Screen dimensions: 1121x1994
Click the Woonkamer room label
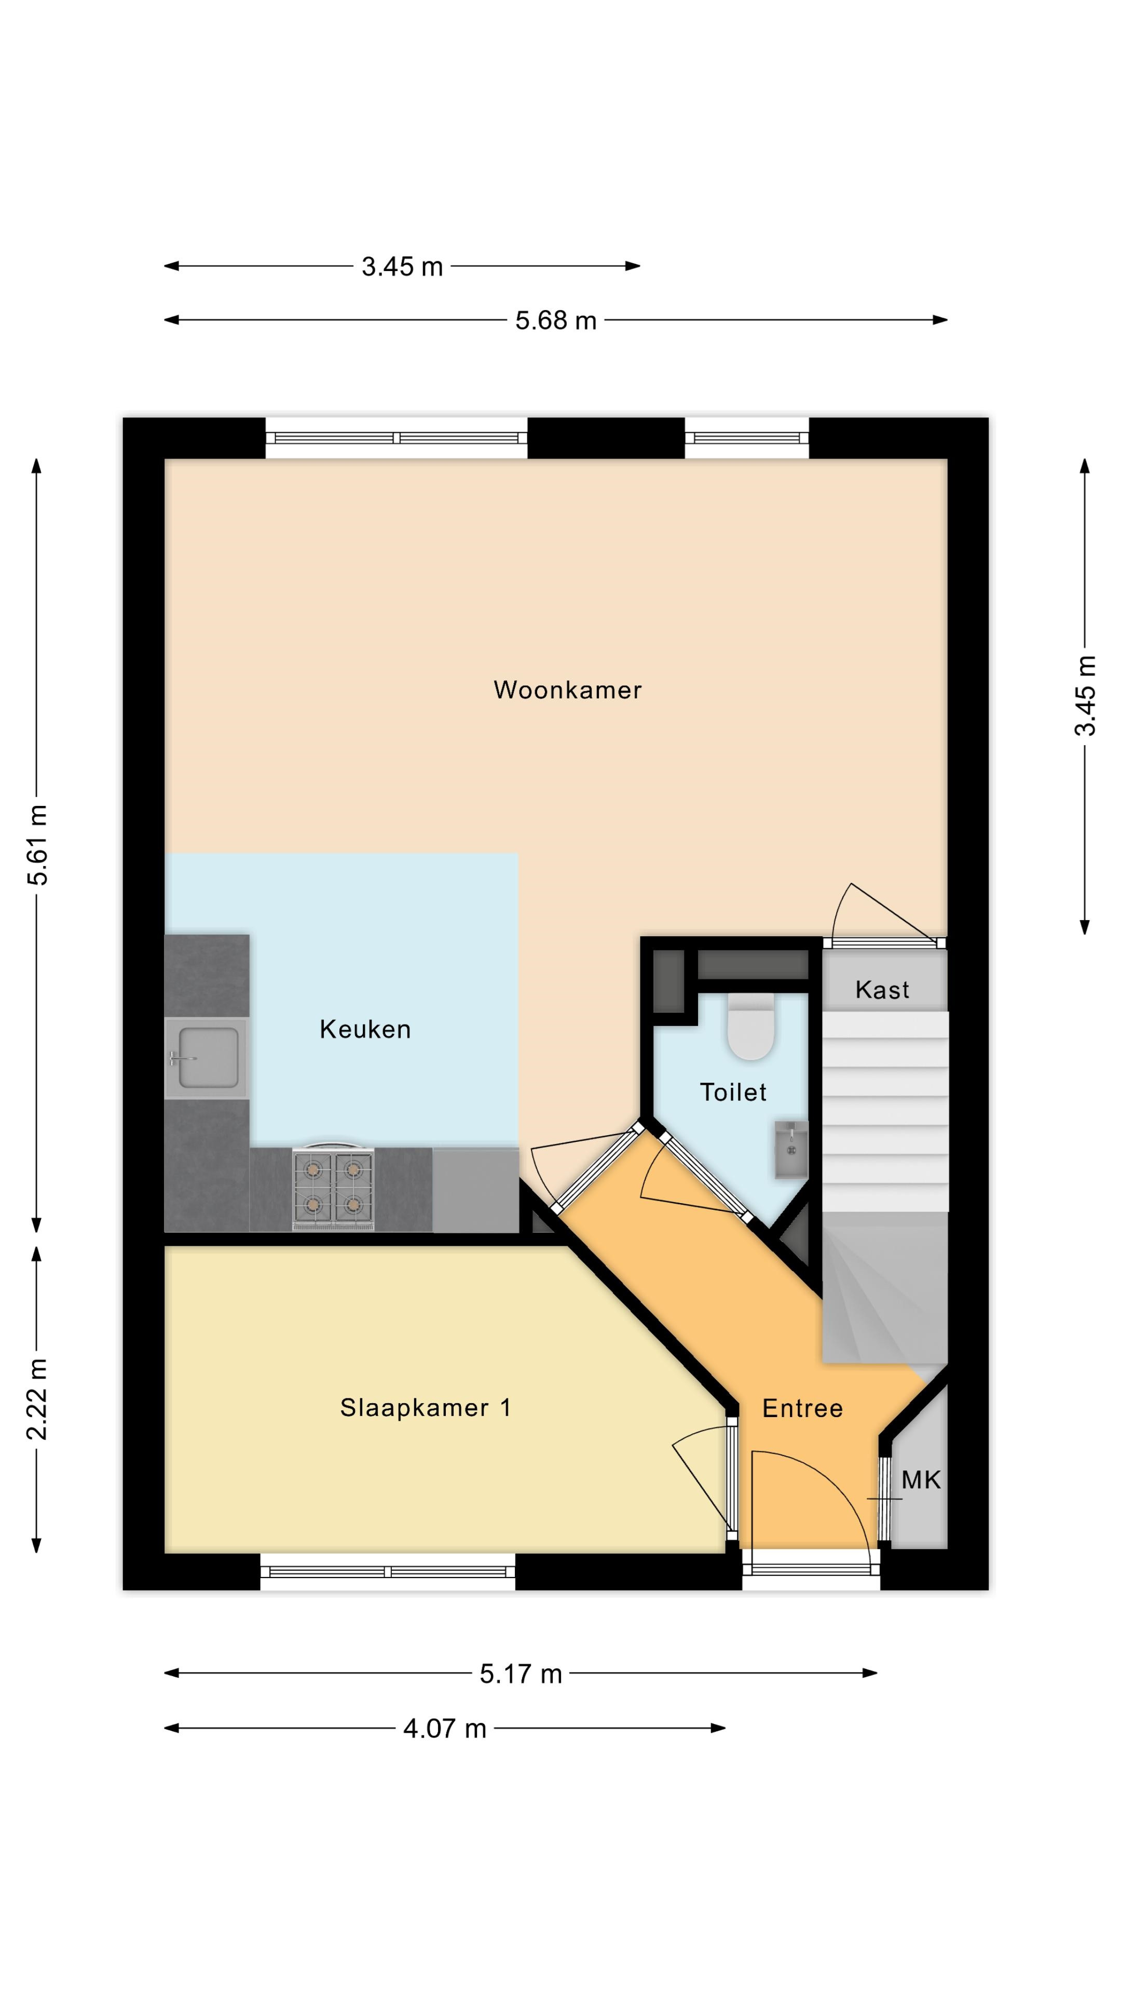567,690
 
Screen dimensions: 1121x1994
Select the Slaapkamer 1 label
426,1407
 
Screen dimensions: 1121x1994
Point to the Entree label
802,1408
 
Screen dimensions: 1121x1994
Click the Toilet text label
733,1092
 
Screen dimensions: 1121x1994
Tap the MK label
921,1480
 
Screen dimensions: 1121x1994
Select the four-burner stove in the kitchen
333,1188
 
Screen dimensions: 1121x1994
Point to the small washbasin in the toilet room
791,1150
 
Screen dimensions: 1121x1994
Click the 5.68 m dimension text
556,320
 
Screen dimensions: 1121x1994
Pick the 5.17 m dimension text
521,1674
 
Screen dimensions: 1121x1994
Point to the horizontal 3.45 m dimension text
402,267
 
